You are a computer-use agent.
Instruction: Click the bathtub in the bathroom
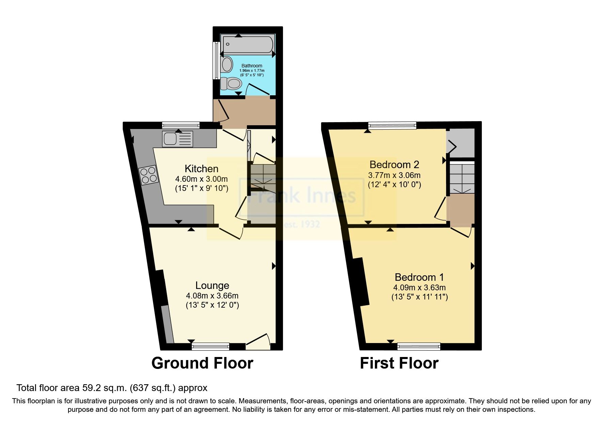[248, 45]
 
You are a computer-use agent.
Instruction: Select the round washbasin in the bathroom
[226, 64]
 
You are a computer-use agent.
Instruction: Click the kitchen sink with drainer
[177, 139]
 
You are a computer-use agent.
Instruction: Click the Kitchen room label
[201, 168]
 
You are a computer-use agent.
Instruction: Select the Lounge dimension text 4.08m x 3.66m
[212, 295]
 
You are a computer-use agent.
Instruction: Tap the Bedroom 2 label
[394, 165]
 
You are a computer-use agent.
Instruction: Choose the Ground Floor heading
[202, 363]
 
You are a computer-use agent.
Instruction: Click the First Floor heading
[399, 363]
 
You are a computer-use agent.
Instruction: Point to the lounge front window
[210, 346]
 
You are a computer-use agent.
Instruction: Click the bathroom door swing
[258, 89]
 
